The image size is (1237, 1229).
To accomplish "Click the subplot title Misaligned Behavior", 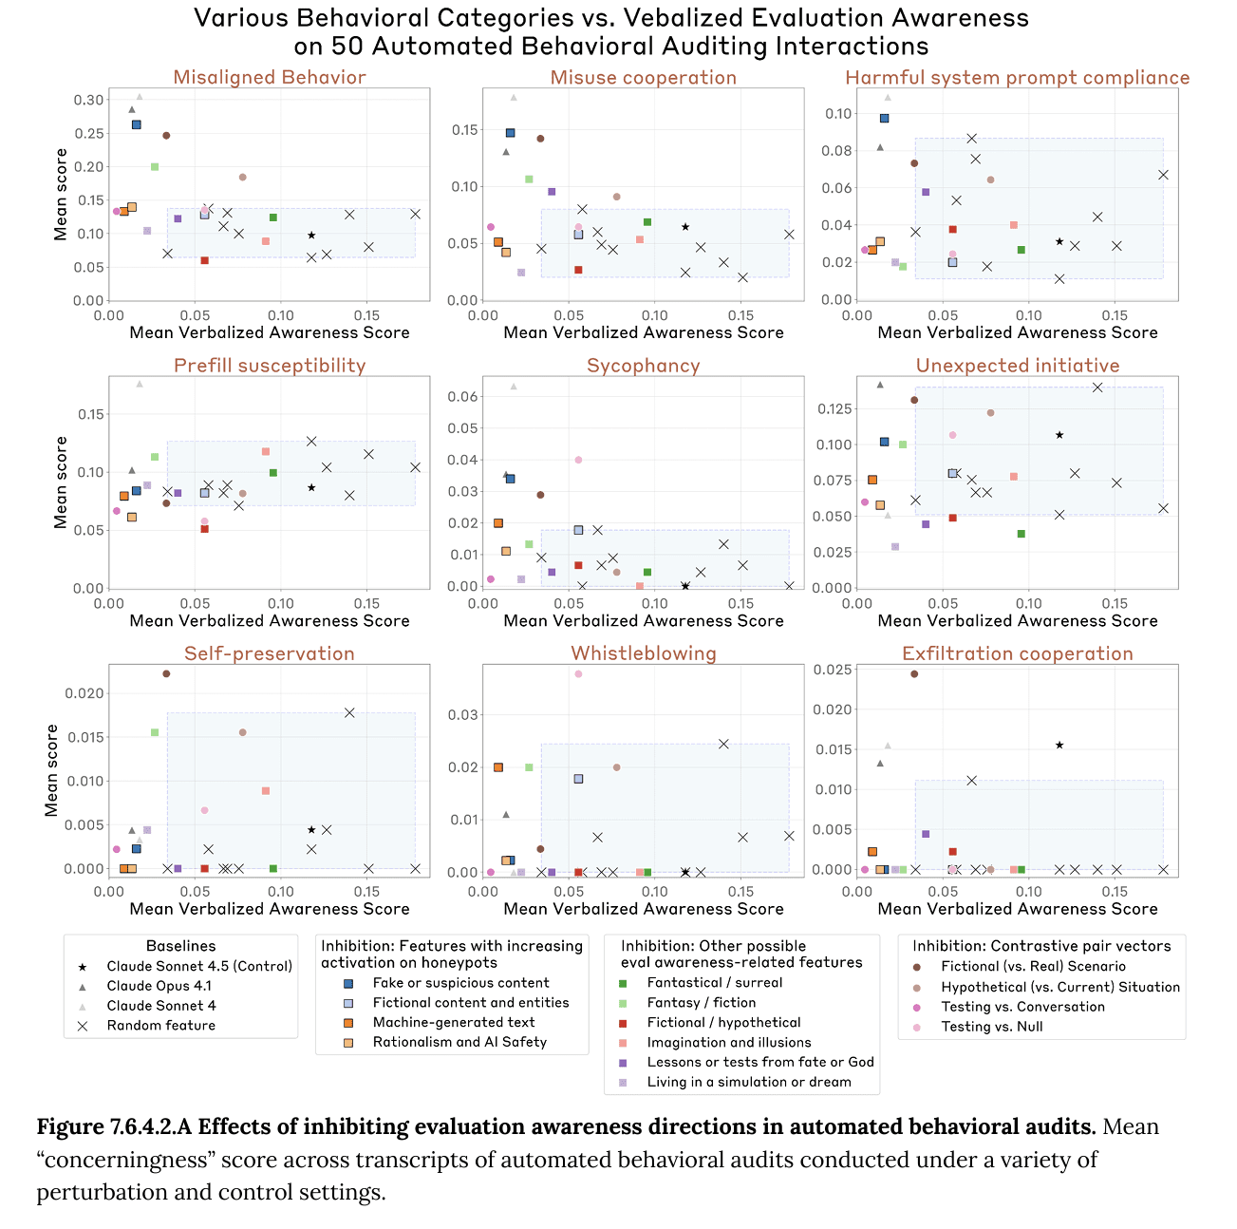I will [x=270, y=78].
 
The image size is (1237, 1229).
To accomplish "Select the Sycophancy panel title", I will [x=643, y=366].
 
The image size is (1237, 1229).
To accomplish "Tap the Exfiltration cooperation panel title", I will [x=1017, y=653].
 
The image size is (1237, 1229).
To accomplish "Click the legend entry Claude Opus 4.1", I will [x=159, y=986].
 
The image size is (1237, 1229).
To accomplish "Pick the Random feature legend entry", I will [x=160, y=1026].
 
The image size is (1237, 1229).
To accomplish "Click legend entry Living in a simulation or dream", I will [x=748, y=1082].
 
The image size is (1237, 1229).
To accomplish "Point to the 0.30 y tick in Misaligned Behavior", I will [x=89, y=100].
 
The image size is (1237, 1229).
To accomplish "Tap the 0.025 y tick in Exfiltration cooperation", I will [x=832, y=670].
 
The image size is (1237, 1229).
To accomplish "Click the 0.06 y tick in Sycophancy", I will [x=463, y=397].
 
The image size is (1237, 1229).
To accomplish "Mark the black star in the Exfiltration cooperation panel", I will [x=1059, y=746].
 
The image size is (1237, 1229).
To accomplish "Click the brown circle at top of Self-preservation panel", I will [x=166, y=674].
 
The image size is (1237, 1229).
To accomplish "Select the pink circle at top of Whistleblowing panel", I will [x=578, y=674].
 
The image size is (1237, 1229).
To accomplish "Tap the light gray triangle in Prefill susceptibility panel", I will [x=140, y=384].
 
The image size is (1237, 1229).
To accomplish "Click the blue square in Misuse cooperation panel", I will [x=510, y=133].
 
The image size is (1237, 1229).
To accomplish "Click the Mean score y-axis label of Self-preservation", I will [x=52, y=770].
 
